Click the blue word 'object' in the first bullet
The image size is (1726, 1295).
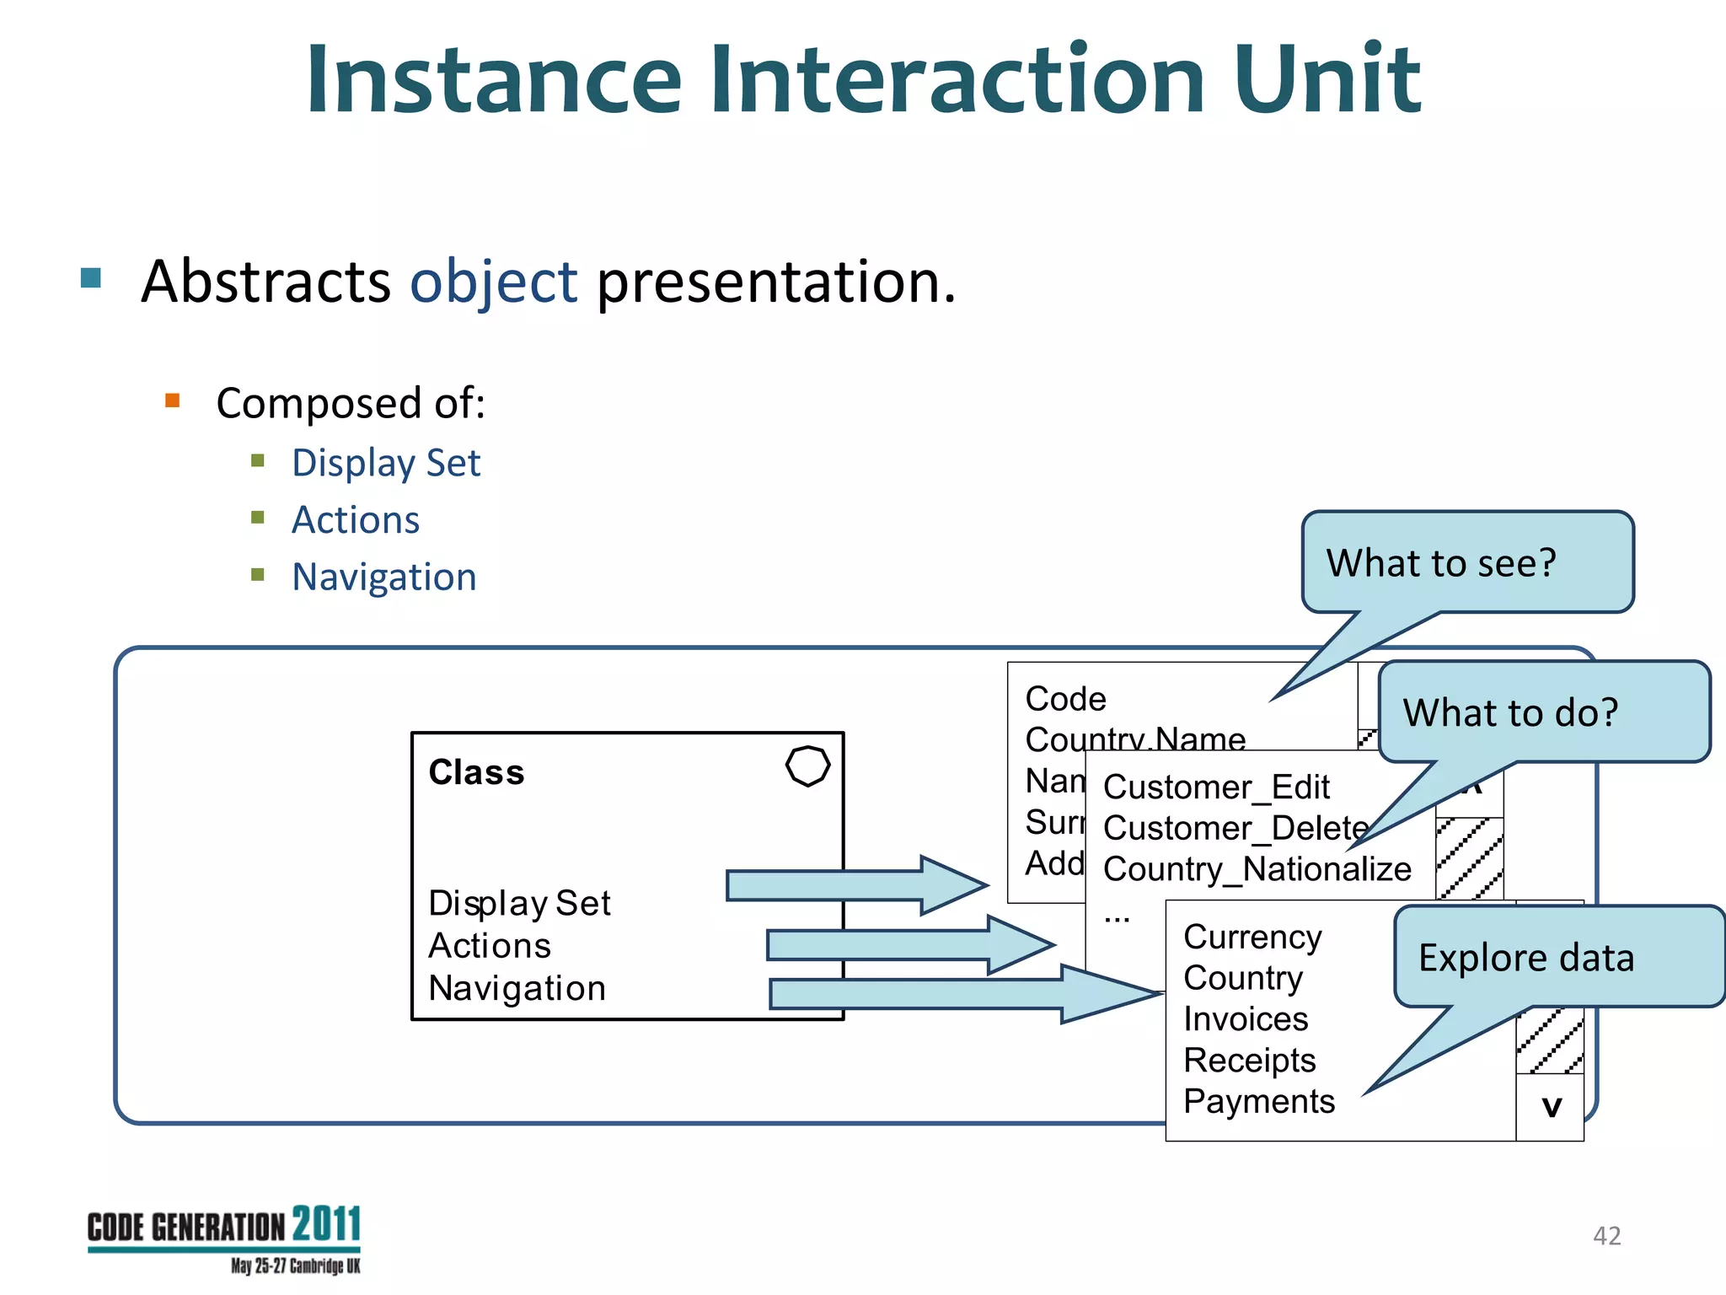coord(493,282)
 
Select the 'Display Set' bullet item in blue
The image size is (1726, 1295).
coord(385,463)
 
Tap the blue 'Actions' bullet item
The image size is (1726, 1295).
coord(355,520)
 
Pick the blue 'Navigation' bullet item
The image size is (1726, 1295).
coord(383,578)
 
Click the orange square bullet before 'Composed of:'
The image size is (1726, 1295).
coord(173,400)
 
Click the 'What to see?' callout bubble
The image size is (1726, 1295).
coord(1466,562)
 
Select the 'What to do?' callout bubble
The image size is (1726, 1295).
coord(1542,712)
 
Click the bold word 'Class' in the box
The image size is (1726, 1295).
coord(476,772)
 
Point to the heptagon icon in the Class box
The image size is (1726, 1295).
coord(807,766)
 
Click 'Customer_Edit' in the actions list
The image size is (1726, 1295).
coord(1215,787)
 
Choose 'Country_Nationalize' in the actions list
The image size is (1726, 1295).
coord(1257,869)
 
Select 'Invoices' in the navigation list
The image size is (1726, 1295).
coord(1245,1019)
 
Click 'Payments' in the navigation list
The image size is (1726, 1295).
coord(1258,1102)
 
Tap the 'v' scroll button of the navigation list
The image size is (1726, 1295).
coord(1550,1107)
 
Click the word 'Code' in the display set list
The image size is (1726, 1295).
coord(1065,699)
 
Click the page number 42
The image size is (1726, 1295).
coord(1606,1236)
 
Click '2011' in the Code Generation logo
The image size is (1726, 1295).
coord(327,1224)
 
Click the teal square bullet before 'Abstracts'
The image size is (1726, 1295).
coord(91,277)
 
